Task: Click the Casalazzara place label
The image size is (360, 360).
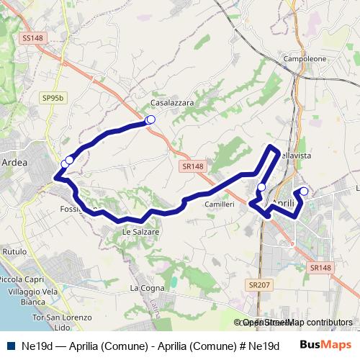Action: click(x=172, y=103)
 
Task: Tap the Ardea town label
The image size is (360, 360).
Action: click(x=15, y=163)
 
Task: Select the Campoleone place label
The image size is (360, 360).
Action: click(x=305, y=58)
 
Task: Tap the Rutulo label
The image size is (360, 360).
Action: click(x=15, y=251)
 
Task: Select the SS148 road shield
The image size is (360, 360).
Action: click(x=33, y=37)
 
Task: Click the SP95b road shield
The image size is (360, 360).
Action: click(x=53, y=97)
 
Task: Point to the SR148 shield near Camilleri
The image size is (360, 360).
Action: click(x=194, y=166)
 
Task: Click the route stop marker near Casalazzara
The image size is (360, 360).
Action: click(x=150, y=120)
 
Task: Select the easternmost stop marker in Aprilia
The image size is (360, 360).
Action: click(x=304, y=192)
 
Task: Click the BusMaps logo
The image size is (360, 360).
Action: click(x=325, y=345)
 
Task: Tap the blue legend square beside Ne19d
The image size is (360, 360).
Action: click(x=10, y=346)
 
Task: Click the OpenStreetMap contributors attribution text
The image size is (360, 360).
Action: click(x=297, y=323)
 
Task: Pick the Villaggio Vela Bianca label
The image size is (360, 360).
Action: click(x=28, y=297)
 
